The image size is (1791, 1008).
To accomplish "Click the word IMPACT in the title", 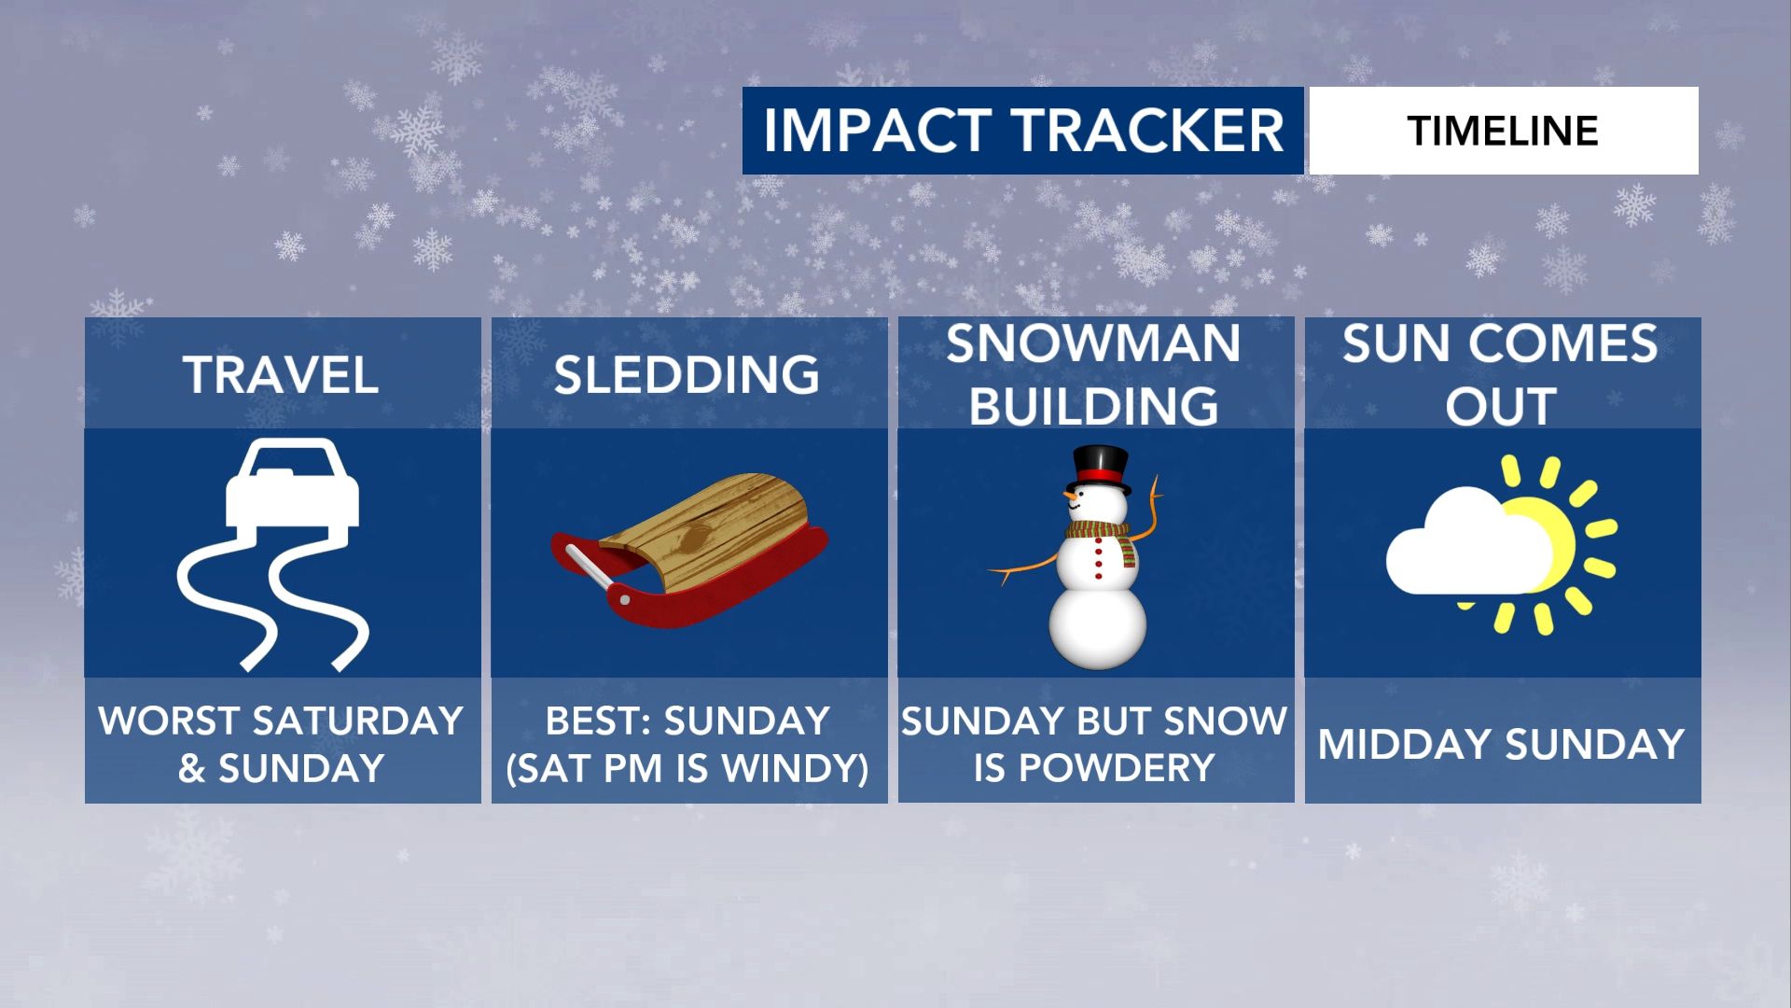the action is (x=877, y=131).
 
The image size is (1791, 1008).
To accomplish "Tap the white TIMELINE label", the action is (x=1503, y=131).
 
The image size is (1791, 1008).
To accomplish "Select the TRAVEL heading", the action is (x=281, y=375).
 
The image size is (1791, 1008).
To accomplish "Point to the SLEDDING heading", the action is (x=687, y=375).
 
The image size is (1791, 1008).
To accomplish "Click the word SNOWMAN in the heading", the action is (x=1094, y=343).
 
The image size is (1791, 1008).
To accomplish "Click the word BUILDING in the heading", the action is (x=1094, y=406).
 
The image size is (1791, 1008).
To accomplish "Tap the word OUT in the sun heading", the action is (x=1501, y=406).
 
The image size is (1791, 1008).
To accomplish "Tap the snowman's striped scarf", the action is (x=1102, y=539).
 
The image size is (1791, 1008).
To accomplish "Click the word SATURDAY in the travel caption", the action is (x=359, y=721).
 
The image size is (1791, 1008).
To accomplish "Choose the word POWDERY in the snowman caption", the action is (x=1117, y=768).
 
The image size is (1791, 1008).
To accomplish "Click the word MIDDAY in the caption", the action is (x=1404, y=745).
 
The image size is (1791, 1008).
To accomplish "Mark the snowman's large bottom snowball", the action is (x=1098, y=628).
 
